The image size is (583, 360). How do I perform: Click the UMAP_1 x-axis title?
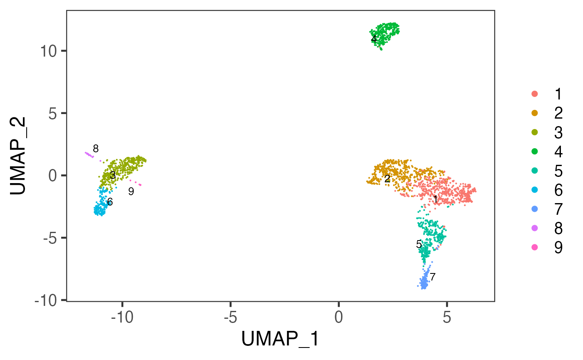click(280, 340)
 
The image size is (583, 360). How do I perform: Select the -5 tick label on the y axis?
click(51, 238)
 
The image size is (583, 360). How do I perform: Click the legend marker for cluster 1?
click(535, 94)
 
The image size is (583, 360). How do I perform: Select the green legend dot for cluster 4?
click(535, 151)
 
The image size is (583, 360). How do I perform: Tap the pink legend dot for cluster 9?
click(535, 247)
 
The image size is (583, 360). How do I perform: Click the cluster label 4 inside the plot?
click(374, 39)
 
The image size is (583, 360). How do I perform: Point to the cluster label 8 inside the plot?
click(96, 149)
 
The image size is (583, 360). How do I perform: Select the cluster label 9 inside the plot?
click(131, 191)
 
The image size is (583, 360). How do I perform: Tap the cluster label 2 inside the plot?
click(387, 179)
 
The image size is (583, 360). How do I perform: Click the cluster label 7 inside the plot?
click(433, 276)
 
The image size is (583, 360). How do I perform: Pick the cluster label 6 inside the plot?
click(110, 202)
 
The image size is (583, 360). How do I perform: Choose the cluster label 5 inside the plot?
click(419, 245)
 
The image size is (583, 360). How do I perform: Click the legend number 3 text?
click(558, 132)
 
